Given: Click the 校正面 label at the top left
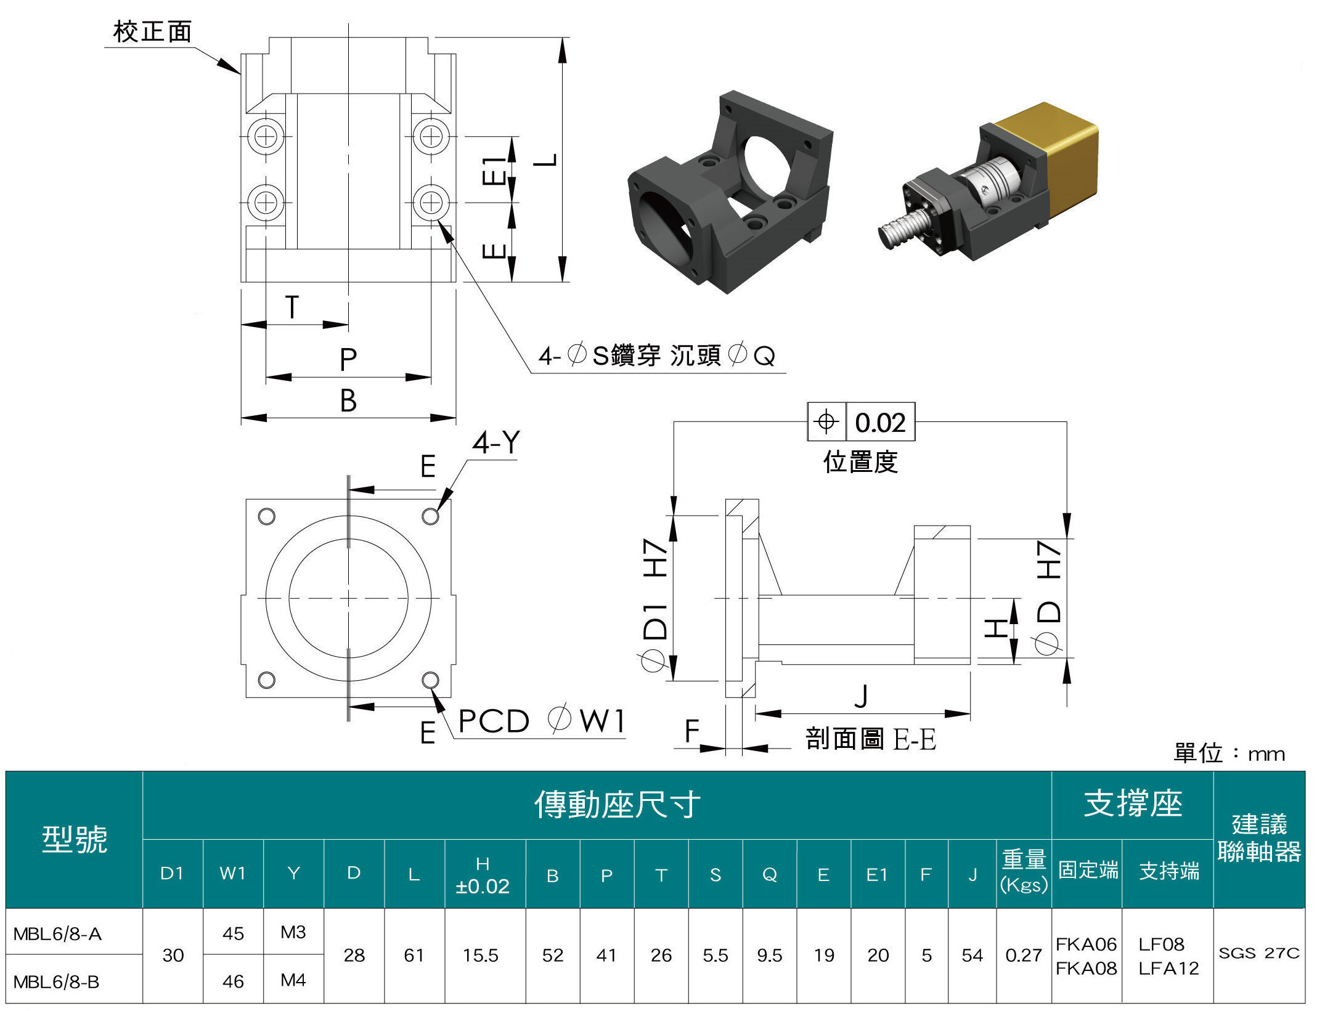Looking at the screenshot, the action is click(152, 31).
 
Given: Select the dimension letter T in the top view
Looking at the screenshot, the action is click(292, 307).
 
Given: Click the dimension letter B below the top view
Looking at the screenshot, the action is click(348, 400).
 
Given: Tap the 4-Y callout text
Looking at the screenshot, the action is click(496, 442).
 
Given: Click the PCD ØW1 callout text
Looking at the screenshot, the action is click(542, 721).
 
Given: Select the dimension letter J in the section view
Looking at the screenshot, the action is click(862, 696).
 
